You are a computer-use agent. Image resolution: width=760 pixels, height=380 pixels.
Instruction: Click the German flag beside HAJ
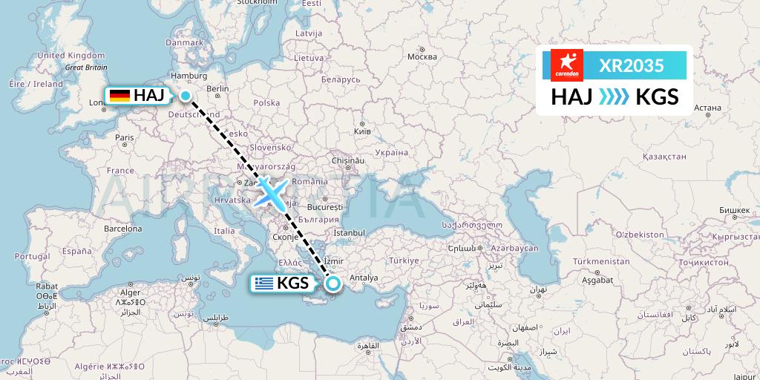tap(119, 95)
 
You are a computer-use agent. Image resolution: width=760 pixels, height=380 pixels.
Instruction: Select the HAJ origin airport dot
tap(185, 95)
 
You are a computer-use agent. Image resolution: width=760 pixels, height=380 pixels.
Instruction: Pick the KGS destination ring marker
tap(333, 283)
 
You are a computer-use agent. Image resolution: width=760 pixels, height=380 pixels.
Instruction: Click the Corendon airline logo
tap(568, 65)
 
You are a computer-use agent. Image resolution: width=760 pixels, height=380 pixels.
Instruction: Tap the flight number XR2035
tap(631, 65)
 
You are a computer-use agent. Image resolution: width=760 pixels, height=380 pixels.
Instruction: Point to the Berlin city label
tap(217, 88)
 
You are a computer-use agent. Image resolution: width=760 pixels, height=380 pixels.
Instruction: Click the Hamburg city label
tap(188, 75)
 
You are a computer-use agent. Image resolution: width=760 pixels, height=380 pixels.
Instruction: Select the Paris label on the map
tap(124, 137)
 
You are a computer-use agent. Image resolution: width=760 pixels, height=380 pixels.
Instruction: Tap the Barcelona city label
tap(122, 229)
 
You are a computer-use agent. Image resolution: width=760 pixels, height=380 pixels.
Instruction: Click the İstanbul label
tap(346, 232)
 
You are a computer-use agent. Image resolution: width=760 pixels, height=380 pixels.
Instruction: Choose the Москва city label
tap(422, 57)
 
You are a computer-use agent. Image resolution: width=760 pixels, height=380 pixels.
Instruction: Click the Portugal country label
tap(32, 256)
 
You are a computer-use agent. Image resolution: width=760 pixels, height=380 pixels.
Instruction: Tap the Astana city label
tap(707, 108)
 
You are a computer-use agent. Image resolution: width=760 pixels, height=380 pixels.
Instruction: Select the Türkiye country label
tap(405, 261)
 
